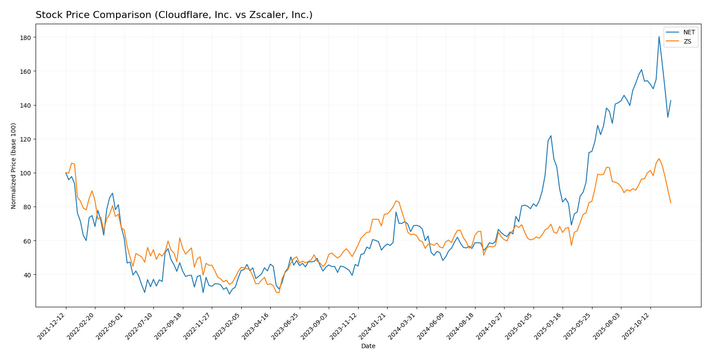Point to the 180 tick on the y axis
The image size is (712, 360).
click(x=25, y=38)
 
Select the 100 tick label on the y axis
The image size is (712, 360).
click(x=25, y=173)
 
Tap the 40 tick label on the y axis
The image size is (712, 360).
click(x=27, y=275)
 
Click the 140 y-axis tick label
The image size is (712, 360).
click(x=25, y=105)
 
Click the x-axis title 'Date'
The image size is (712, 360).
click(x=368, y=346)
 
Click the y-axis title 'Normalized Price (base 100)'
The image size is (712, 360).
click(x=14, y=166)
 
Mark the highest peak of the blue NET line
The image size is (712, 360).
click(x=659, y=36)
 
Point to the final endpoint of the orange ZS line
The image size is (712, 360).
click(x=671, y=203)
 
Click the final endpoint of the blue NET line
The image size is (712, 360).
click(x=671, y=101)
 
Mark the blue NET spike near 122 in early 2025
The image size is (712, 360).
click(x=551, y=136)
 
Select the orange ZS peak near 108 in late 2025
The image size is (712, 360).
click(x=659, y=159)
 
